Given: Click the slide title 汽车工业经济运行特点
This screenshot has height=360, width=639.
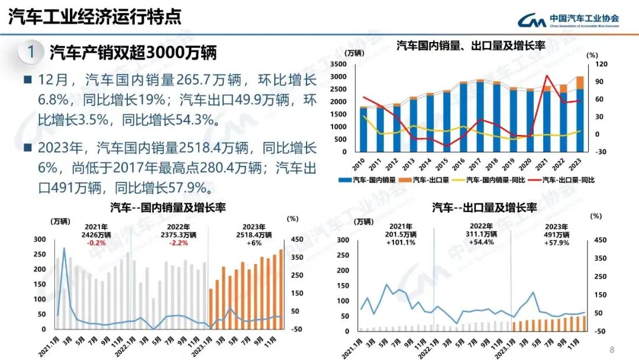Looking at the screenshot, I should [94, 17].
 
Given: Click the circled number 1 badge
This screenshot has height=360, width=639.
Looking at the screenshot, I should [31, 52].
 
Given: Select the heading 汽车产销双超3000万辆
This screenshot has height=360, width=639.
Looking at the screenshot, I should [133, 53].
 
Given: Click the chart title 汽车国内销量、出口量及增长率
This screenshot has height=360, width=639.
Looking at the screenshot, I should [470, 46].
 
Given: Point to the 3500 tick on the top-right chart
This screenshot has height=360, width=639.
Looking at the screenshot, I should [338, 64].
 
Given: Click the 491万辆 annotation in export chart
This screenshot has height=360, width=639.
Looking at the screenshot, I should [556, 234].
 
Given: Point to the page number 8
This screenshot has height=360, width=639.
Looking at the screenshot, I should [612, 349].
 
